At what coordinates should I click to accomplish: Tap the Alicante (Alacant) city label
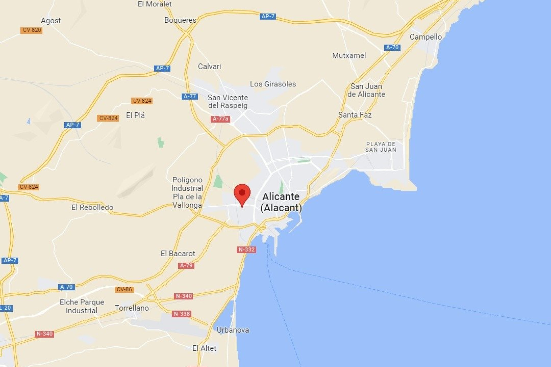click(281, 202)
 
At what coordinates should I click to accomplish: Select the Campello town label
click(426, 37)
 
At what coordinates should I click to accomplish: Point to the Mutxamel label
click(349, 55)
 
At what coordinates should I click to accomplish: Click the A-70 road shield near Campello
click(392, 47)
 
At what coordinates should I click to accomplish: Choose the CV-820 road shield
click(32, 30)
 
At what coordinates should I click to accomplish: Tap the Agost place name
click(51, 21)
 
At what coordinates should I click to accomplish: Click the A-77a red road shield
click(220, 119)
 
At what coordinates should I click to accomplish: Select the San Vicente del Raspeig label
click(228, 101)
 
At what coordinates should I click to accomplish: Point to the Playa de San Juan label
click(381, 147)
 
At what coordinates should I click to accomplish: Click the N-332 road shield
click(247, 249)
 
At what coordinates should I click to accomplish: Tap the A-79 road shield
click(186, 266)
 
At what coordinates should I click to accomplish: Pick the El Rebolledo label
click(92, 207)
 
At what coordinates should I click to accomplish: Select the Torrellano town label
click(132, 308)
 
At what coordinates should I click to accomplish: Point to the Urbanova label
click(233, 330)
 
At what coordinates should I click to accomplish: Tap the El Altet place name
click(204, 348)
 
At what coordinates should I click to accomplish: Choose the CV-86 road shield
click(124, 289)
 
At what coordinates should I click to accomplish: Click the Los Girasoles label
click(273, 84)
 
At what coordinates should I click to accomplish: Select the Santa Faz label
click(355, 115)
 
